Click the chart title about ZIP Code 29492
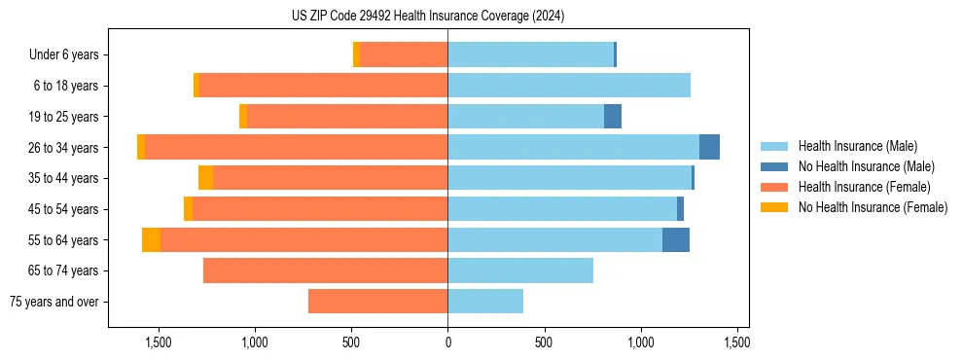pos(428,17)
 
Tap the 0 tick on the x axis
pos(447,342)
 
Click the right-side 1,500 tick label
pos(737,342)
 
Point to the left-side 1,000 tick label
pos(255,342)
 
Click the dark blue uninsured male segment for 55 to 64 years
pos(676,240)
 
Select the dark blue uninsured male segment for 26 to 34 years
pos(709,147)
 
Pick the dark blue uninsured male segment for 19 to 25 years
pos(613,117)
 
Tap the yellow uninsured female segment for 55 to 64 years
pos(151,240)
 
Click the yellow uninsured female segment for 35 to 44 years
pos(205,178)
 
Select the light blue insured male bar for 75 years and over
pos(485,302)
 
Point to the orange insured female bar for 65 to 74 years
pos(325,270)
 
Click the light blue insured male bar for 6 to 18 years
pos(569,86)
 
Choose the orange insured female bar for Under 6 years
pos(404,55)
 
